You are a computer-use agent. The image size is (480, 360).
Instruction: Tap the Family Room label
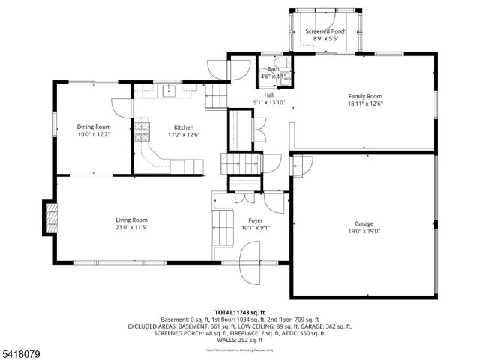coord(365,96)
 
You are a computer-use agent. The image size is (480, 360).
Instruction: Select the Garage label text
coord(364,223)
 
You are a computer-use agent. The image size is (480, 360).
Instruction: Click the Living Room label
coord(131,220)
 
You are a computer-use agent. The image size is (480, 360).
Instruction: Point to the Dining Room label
coord(94,127)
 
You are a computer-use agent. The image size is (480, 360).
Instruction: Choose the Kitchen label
coord(184,127)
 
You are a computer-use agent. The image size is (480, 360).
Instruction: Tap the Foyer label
coord(250,220)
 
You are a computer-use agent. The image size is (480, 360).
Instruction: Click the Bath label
coord(274,69)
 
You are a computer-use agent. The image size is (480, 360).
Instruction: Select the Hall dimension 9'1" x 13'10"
coord(269,103)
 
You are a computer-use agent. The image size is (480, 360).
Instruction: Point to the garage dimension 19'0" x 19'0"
coord(364,232)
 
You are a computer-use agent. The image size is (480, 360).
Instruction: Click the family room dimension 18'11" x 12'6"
coord(365,104)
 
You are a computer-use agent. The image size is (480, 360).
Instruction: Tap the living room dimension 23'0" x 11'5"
coord(131,228)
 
